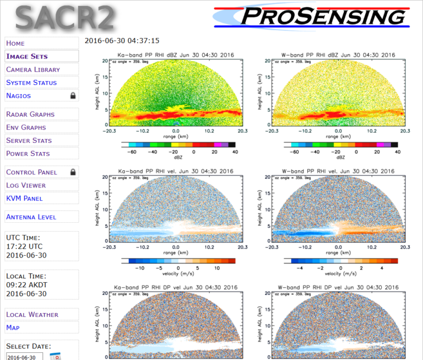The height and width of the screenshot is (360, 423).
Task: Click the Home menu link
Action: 15,43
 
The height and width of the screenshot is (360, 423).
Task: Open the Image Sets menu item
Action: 27,56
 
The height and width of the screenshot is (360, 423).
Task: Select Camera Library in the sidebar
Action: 33,69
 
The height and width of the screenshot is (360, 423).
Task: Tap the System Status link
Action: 31,83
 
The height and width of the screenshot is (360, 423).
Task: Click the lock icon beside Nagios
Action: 73,96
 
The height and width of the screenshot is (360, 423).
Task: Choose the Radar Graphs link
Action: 30,114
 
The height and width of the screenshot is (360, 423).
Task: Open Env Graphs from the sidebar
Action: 26,127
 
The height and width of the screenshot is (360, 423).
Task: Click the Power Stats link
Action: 28,154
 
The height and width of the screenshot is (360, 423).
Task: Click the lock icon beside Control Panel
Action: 73,172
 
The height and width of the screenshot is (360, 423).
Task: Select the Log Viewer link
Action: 26,185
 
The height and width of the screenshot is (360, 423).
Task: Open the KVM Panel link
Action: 24,198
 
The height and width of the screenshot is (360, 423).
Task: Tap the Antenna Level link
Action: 31,217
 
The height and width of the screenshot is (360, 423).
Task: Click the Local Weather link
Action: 32,315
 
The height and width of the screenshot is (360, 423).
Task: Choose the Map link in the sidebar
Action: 13,328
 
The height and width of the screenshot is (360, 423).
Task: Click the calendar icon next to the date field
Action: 55,356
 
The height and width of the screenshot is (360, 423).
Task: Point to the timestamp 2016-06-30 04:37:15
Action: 122,41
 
